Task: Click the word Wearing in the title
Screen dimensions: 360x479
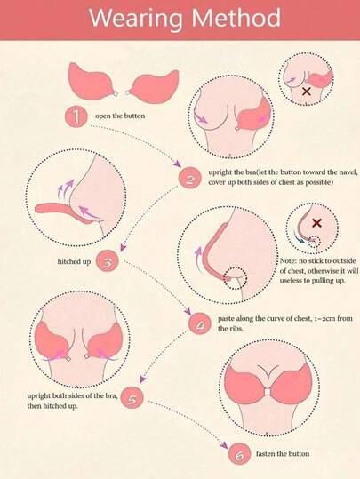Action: pyautogui.click(x=136, y=18)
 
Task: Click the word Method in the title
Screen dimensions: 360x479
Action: pyautogui.click(x=236, y=17)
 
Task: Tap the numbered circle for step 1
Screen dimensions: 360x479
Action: pyautogui.click(x=76, y=116)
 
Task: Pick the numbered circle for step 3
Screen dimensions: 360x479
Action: pyautogui.click(x=107, y=261)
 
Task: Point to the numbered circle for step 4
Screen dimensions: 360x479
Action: pyautogui.click(x=200, y=324)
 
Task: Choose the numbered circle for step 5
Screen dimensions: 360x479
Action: pyautogui.click(x=132, y=397)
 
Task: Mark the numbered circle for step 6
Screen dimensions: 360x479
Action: pyautogui.click(x=239, y=453)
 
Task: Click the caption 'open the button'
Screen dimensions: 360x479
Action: pyautogui.click(x=120, y=116)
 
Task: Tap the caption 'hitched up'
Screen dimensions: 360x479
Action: pyautogui.click(x=74, y=261)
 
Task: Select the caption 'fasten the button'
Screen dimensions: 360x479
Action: pyautogui.click(x=283, y=453)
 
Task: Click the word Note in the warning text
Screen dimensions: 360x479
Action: pyautogui.click(x=287, y=261)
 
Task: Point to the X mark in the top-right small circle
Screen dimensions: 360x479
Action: pyautogui.click(x=307, y=91)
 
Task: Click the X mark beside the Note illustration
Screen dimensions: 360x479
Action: pyautogui.click(x=317, y=223)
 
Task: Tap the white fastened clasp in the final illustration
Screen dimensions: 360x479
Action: pyautogui.click(x=268, y=392)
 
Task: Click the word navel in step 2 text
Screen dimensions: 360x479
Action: pyautogui.click(x=348, y=172)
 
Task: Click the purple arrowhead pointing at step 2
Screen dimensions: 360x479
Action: pyautogui.click(x=177, y=164)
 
